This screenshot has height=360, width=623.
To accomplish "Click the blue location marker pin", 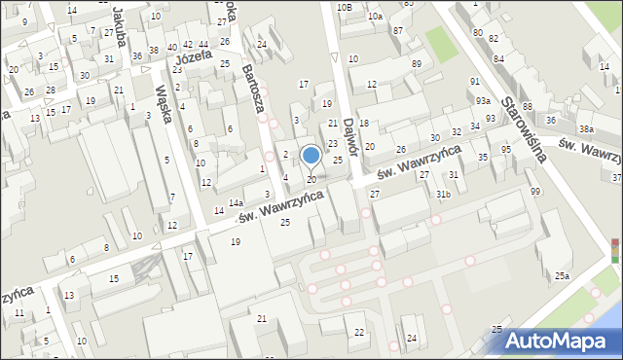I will (x=311, y=156).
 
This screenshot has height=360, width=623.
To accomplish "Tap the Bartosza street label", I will (x=256, y=90).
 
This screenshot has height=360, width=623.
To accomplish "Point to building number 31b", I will (x=443, y=195).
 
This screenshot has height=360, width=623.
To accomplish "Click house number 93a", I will (x=484, y=101).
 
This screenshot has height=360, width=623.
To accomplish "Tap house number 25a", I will (x=563, y=277).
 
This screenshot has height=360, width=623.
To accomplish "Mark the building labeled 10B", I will (x=344, y=7).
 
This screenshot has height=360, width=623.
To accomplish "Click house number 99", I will (x=535, y=191).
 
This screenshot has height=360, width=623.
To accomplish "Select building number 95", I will (x=506, y=149).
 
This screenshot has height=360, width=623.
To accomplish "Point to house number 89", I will (x=417, y=64).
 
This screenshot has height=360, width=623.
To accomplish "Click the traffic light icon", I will (x=614, y=251).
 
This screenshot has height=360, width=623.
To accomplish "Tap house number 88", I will (x=528, y=106).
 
